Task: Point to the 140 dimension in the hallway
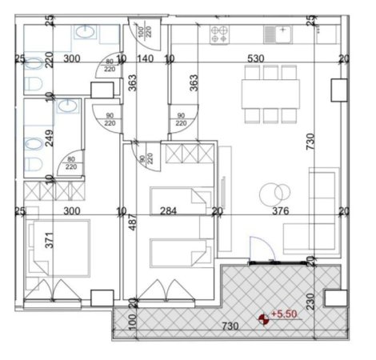point(145,58)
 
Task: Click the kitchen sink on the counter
point(280,34)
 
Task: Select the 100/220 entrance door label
point(144,34)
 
